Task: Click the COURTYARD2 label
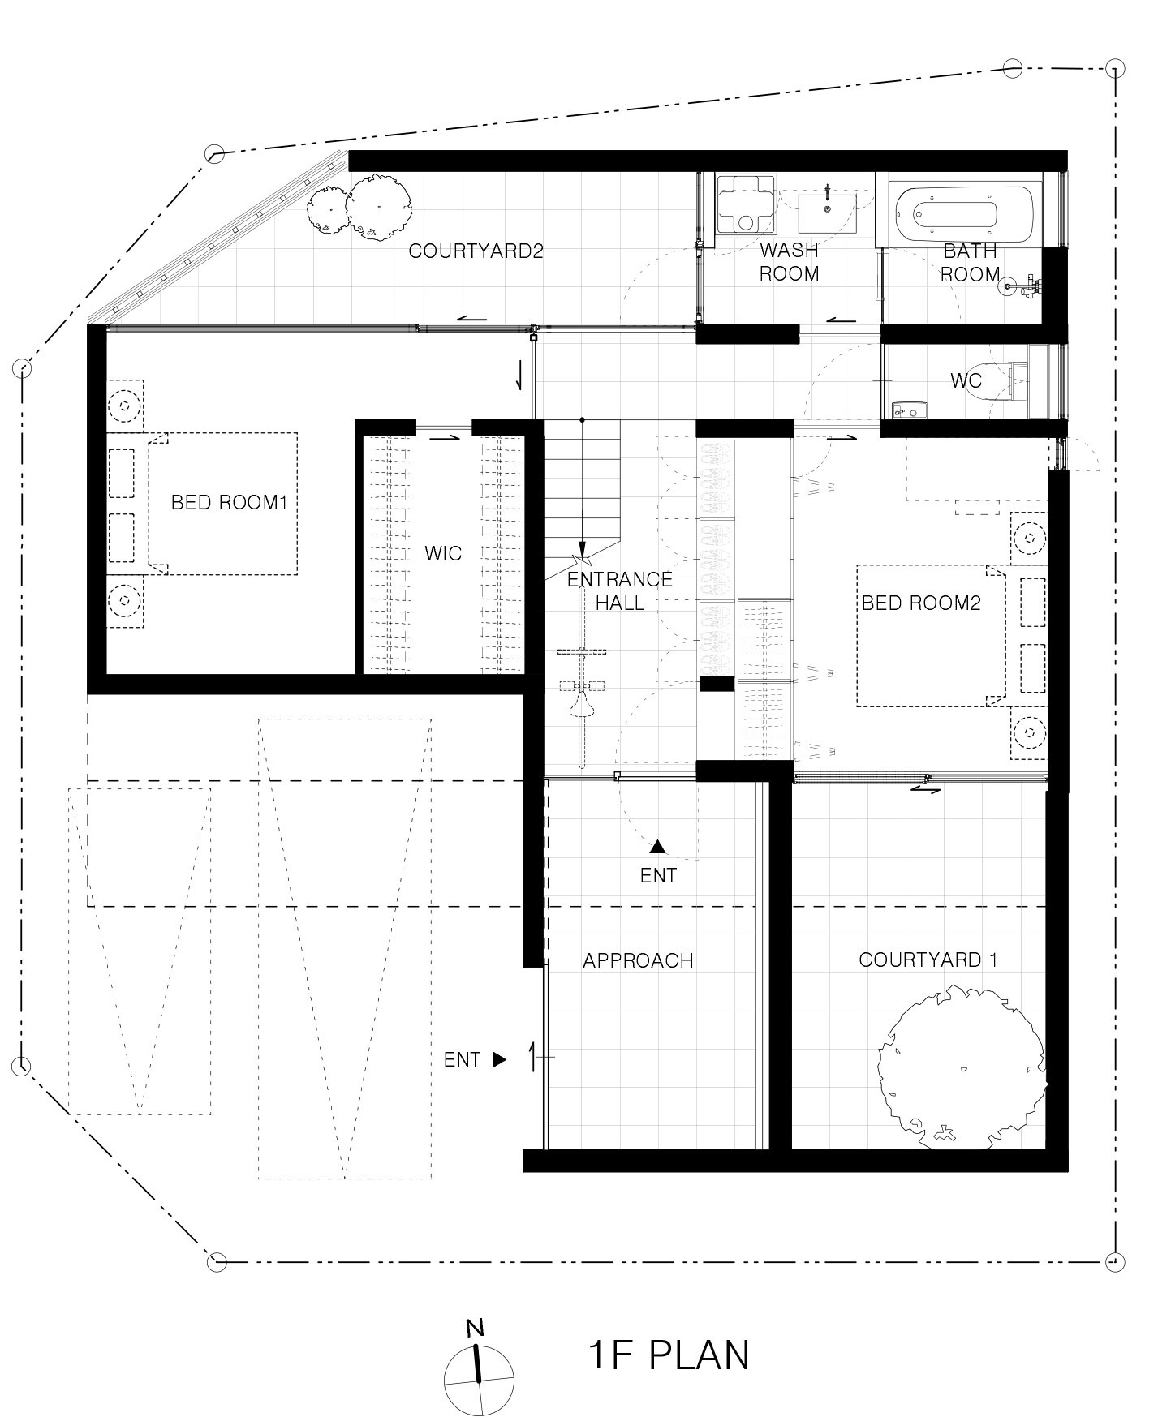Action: click(x=476, y=251)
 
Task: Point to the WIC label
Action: click(x=443, y=554)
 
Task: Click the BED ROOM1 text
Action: click(x=229, y=503)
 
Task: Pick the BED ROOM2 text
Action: click(x=921, y=603)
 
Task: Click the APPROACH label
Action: click(x=638, y=961)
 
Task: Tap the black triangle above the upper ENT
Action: click(x=657, y=847)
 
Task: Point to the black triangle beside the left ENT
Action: click(x=499, y=1059)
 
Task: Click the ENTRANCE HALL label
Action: click(x=620, y=590)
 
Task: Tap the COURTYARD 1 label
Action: click(x=928, y=960)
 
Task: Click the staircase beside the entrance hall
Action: click(x=581, y=499)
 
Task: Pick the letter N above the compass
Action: click(x=475, y=1328)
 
